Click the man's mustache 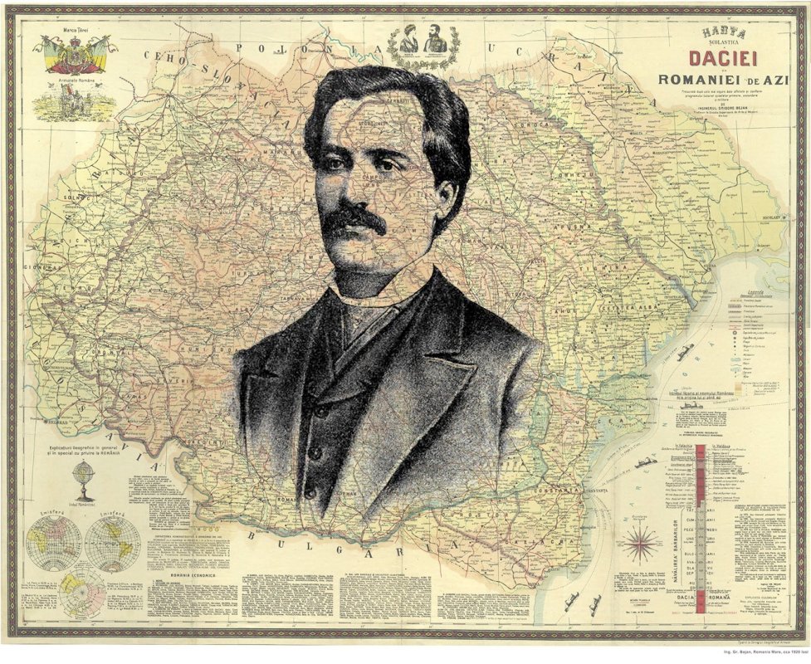353,219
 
